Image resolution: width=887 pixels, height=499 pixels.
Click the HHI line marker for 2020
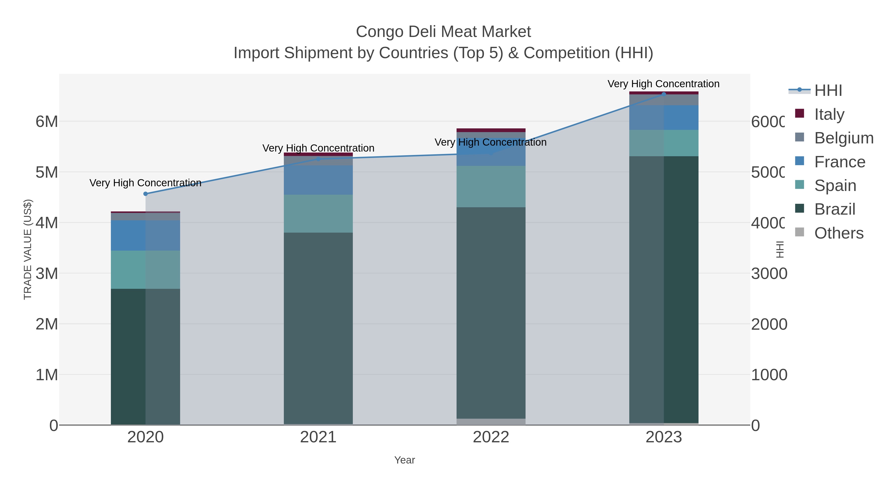coord(145,194)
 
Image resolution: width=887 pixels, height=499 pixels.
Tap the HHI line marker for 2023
coord(664,94)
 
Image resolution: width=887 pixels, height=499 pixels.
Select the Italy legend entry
coord(829,114)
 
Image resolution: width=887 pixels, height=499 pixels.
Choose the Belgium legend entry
coord(844,138)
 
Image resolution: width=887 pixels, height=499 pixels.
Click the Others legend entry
coord(839,233)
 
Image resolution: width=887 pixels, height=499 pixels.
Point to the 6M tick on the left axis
coord(47,121)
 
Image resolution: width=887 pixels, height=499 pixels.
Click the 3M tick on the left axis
coord(47,274)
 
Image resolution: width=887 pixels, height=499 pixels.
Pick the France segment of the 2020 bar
coord(145,235)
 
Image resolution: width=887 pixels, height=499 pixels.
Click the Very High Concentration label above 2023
coord(664,84)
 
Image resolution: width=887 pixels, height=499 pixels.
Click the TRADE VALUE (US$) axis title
coord(28,249)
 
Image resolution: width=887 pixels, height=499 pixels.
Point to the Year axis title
coord(405,460)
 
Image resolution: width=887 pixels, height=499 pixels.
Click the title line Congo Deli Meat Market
coord(443,32)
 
